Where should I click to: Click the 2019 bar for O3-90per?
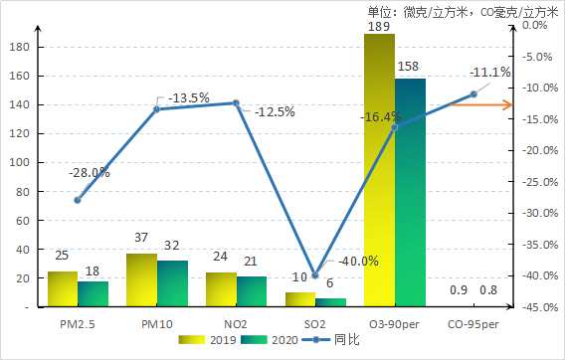[x=379, y=170]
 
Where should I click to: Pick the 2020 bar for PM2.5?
[x=94, y=294]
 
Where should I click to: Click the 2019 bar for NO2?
[x=221, y=289]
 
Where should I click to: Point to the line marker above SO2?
[x=315, y=275]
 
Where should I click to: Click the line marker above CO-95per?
[x=473, y=94]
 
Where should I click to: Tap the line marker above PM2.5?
[x=78, y=200]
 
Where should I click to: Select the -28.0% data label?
[x=90, y=172]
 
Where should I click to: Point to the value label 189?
[x=379, y=26]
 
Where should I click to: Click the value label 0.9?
[x=460, y=290]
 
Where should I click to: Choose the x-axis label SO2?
[x=315, y=323]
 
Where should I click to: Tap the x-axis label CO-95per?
[x=472, y=323]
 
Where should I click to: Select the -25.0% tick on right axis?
[x=537, y=182]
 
